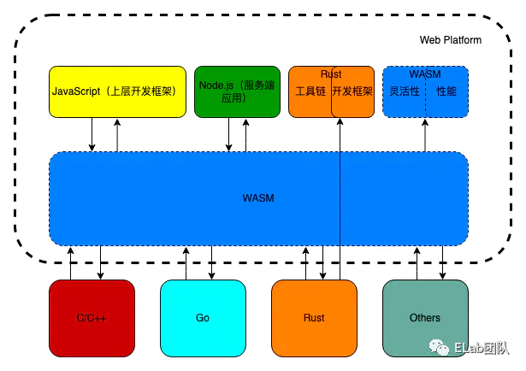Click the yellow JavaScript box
(117, 91)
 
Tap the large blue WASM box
(258, 198)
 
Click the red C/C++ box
(92, 317)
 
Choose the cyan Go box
(203, 317)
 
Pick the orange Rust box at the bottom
(314, 317)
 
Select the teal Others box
(425, 317)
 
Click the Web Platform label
(450, 40)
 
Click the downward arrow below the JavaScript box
(92, 135)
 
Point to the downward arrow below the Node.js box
(228, 135)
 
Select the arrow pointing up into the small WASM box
(426, 135)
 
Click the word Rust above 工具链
(331, 74)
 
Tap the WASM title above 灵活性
(425, 74)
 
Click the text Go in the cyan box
(203, 317)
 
